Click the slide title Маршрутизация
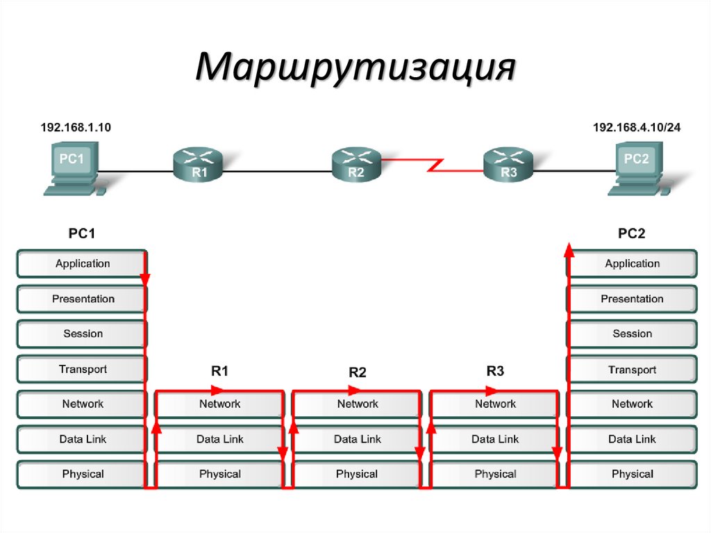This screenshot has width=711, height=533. pyautogui.click(x=355, y=70)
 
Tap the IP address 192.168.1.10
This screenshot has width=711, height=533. pyautogui.click(x=76, y=128)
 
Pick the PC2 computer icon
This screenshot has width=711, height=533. pyautogui.click(x=638, y=167)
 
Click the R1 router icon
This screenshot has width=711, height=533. pyautogui.click(x=199, y=165)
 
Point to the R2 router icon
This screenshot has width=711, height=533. pyautogui.click(x=355, y=165)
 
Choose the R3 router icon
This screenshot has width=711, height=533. pyautogui.click(x=508, y=165)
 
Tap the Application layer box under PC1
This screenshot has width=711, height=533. pyautogui.click(x=82, y=264)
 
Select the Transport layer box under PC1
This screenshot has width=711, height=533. pyautogui.click(x=82, y=370)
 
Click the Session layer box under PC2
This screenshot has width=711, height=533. pyautogui.click(x=632, y=334)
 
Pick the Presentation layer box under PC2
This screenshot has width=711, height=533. pyautogui.click(x=632, y=299)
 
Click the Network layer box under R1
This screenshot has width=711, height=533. pyautogui.click(x=219, y=404)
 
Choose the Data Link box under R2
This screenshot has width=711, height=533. pyautogui.click(x=357, y=439)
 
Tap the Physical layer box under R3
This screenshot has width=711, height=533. pyautogui.click(x=495, y=475)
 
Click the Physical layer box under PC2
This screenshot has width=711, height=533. pyautogui.click(x=632, y=475)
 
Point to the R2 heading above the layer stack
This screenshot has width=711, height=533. pyautogui.click(x=357, y=372)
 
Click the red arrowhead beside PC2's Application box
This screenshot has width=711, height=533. pyautogui.click(x=569, y=250)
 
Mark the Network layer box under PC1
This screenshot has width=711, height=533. pyautogui.click(x=82, y=404)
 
